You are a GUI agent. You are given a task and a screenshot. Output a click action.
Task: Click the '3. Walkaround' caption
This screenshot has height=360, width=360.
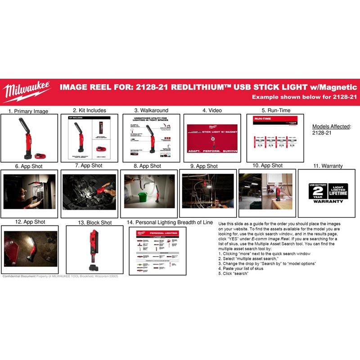[151, 110]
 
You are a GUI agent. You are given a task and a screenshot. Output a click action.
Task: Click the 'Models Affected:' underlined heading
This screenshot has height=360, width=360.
[331, 126]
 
